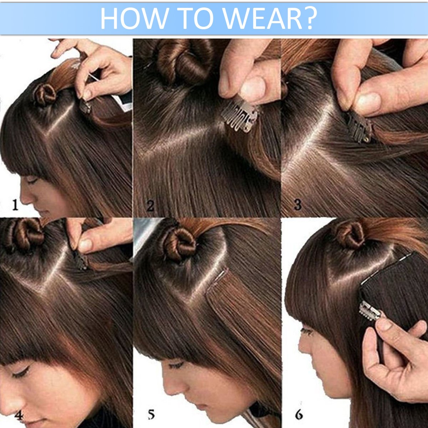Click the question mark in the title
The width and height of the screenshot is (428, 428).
coord(310,19)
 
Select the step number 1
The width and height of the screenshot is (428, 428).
coord(15,205)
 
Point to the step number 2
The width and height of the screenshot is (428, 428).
coord(150,206)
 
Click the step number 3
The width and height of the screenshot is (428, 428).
coord(297,205)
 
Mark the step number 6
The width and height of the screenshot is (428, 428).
coord(299,408)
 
